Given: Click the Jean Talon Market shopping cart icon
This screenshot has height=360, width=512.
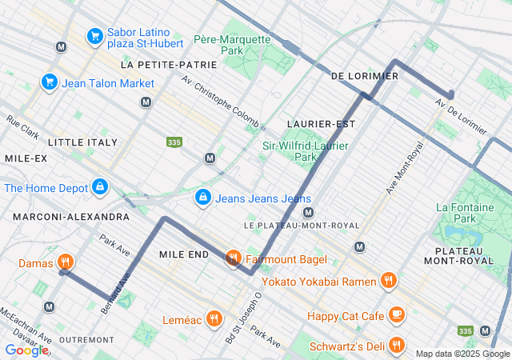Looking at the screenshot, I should tap(49, 82).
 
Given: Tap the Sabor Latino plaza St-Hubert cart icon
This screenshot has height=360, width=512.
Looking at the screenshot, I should tap(94, 36).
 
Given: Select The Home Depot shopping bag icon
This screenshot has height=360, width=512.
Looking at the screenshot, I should tap(99, 187).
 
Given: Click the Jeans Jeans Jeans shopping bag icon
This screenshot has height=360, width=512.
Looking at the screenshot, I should tap(203, 198).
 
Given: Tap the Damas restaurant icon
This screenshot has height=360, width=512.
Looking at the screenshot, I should tap(66, 262).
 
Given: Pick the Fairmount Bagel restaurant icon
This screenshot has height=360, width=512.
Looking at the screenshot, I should tap(233, 258).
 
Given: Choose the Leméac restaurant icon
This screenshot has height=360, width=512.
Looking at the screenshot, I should tap(214, 318).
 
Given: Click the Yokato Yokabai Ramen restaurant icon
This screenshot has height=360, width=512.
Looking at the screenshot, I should tap(388, 280).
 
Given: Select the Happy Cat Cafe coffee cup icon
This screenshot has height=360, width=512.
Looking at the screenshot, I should tap(396, 315).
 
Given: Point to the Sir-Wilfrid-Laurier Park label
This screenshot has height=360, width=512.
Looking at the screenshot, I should tap(300, 151).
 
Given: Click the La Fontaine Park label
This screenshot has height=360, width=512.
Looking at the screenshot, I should tap(464, 212).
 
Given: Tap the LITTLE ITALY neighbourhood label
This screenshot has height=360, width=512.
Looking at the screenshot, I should tap(82, 142).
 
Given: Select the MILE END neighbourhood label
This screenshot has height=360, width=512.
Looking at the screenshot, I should tap(184, 254).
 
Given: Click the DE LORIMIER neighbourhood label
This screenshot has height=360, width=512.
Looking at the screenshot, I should tap(364, 76).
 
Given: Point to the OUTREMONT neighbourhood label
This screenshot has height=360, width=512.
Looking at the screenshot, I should tap(86, 340).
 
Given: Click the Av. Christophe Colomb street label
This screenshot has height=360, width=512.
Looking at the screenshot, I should tap(220, 102).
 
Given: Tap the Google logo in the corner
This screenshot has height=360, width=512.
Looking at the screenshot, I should tap(26, 350).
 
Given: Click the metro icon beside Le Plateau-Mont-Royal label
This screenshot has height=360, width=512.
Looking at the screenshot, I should tap(308, 212).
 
